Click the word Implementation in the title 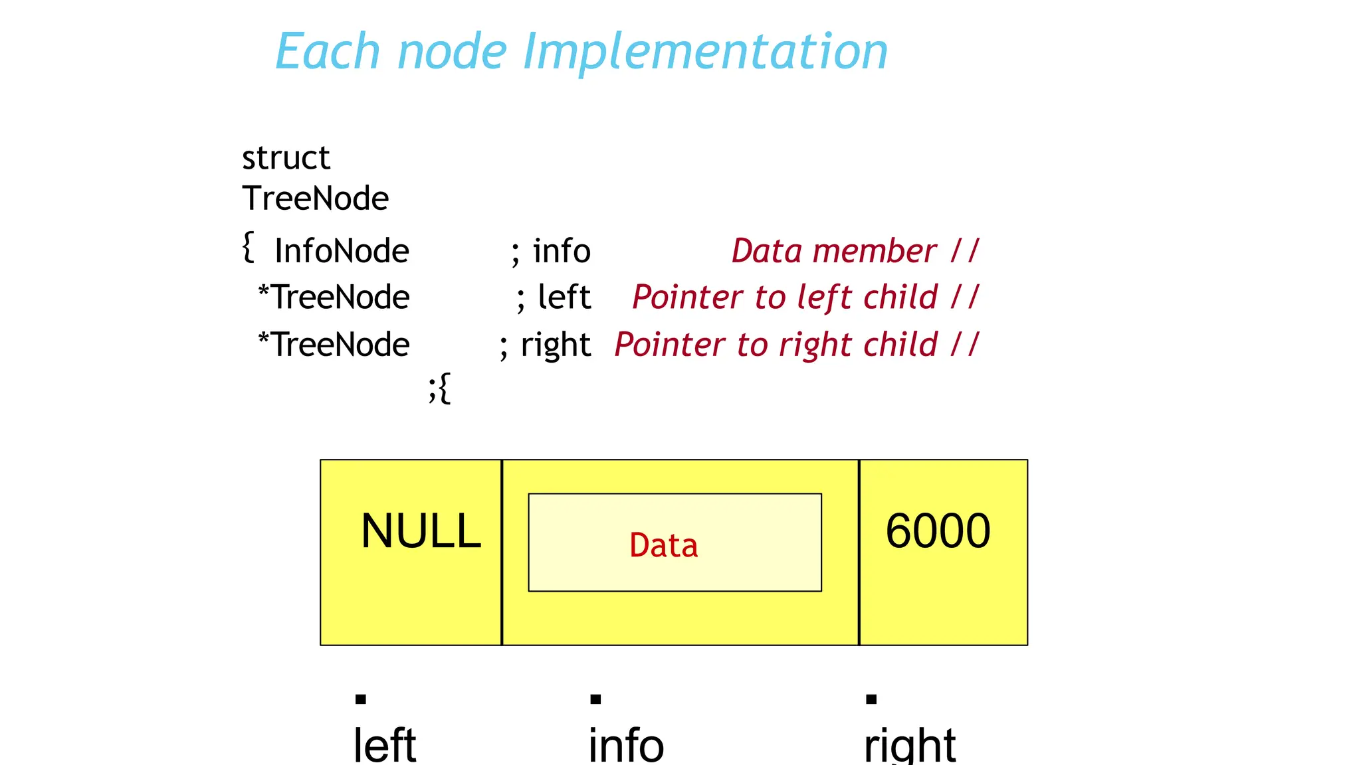click(x=705, y=52)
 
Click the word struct click(x=286, y=158)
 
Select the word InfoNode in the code click(x=342, y=251)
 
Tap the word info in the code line click(x=562, y=251)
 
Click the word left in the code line click(x=564, y=297)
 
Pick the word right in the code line click(x=556, y=345)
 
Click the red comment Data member click(x=834, y=251)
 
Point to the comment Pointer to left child click(x=785, y=297)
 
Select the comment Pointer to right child click(x=776, y=345)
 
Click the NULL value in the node click(x=421, y=531)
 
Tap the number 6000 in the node click(x=938, y=531)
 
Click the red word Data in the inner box click(x=663, y=546)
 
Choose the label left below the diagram click(x=385, y=745)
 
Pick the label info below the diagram click(x=626, y=745)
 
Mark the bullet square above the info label click(x=595, y=699)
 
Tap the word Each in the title click(x=327, y=52)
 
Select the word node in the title click(x=452, y=52)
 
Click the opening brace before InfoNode click(x=249, y=247)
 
